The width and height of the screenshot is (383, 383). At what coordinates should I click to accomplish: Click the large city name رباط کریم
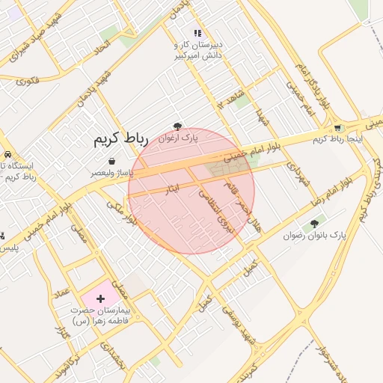121,140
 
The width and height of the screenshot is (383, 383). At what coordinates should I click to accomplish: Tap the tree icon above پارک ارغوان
177,127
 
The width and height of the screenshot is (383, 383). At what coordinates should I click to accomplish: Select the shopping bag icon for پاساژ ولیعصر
112,161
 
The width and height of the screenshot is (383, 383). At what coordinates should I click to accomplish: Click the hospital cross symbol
102,298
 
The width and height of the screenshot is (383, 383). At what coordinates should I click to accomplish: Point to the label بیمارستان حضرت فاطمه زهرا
101,315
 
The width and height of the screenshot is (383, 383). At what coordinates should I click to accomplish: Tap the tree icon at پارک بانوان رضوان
314,223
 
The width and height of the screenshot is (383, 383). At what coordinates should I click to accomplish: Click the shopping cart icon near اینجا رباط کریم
337,127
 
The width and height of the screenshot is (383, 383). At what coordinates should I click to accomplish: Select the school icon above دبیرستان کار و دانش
197,33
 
